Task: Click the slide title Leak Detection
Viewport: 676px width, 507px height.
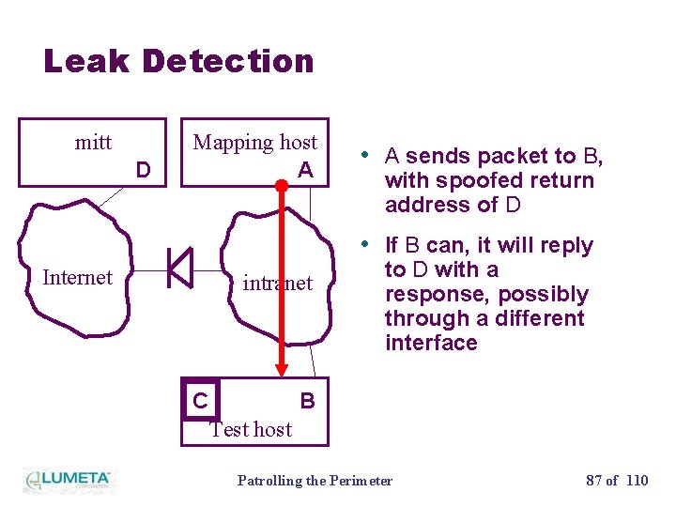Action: click(x=178, y=61)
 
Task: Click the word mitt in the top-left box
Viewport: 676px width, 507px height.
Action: click(x=93, y=143)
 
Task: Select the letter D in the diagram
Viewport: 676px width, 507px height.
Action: click(x=143, y=170)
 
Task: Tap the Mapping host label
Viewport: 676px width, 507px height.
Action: click(x=254, y=143)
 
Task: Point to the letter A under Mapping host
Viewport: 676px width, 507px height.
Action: click(x=304, y=170)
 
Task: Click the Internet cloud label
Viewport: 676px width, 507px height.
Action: click(x=77, y=277)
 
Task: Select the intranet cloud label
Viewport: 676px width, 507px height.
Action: click(x=277, y=283)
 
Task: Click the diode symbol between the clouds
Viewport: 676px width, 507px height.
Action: click(x=179, y=268)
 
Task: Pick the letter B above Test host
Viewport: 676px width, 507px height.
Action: click(x=307, y=401)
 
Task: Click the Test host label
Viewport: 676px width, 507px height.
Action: click(x=251, y=429)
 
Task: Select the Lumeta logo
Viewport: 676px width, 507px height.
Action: click(x=68, y=479)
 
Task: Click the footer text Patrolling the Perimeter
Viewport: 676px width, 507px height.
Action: click(x=315, y=481)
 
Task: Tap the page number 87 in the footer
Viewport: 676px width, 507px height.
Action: click(x=594, y=481)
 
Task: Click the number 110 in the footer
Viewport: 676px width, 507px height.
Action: click(x=637, y=481)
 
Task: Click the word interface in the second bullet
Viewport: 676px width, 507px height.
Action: click(x=431, y=344)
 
